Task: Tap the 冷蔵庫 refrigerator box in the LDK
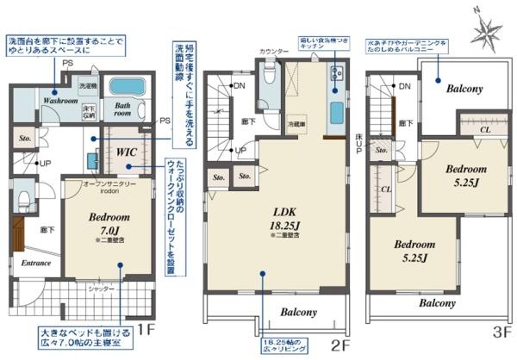298,123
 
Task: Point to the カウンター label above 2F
273,53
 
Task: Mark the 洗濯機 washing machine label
89,86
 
